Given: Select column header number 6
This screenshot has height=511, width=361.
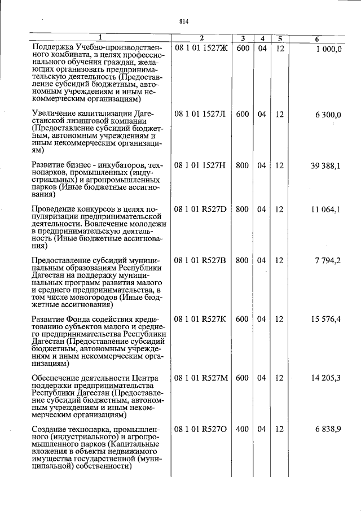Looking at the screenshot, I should click(x=318, y=38).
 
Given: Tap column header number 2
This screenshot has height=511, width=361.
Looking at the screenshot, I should click(x=201, y=38).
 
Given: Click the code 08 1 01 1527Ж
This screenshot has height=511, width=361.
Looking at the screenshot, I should click(x=200, y=49).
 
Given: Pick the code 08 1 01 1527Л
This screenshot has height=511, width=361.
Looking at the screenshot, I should click(x=200, y=114).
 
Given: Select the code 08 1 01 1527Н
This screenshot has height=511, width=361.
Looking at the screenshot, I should click(x=200, y=165).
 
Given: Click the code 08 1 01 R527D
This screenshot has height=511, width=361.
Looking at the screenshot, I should click(x=200, y=209).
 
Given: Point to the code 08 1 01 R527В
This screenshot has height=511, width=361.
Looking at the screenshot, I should click(x=200, y=260).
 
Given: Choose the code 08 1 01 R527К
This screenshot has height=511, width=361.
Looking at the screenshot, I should click(x=200, y=320).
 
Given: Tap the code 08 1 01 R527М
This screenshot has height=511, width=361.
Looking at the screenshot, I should click(x=201, y=378).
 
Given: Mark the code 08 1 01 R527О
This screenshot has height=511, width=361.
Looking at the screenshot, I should click(x=200, y=429).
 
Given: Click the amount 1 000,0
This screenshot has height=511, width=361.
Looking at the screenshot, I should click(x=328, y=49).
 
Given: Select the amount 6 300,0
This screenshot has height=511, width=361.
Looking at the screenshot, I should click(x=328, y=114).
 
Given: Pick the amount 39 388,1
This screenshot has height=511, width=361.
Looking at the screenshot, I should click(x=325, y=165).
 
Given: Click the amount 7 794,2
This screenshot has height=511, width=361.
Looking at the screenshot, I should click(x=328, y=260).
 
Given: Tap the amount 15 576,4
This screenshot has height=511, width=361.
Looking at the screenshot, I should click(x=325, y=320).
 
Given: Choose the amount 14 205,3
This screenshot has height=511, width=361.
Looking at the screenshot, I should click(x=325, y=378).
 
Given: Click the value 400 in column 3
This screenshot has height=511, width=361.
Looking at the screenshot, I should click(x=243, y=429).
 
